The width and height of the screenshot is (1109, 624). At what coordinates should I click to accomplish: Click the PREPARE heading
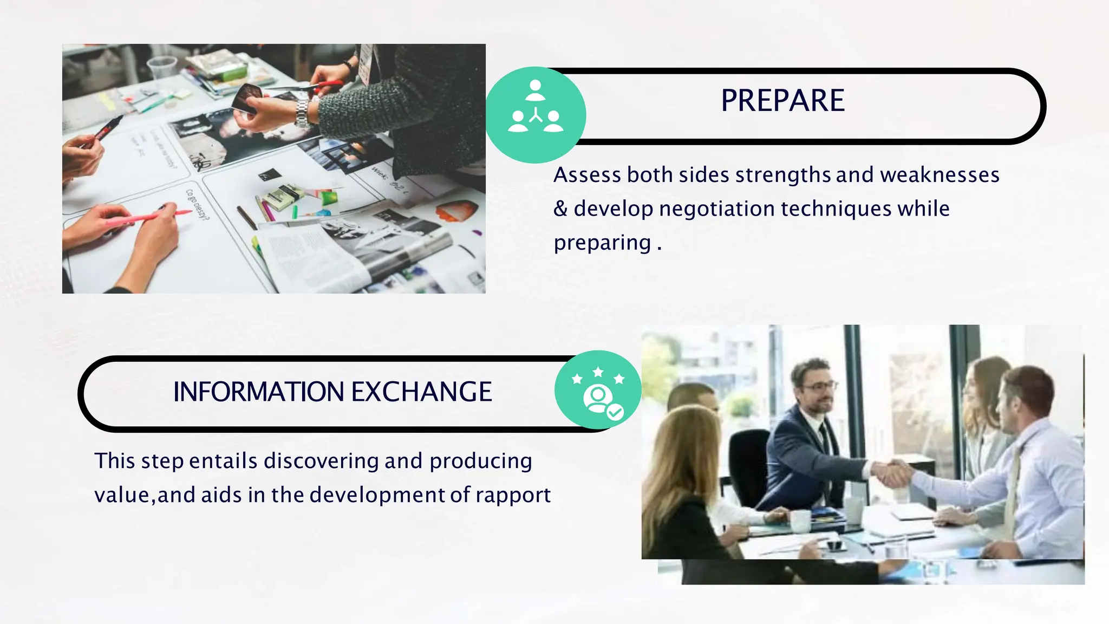click(782, 101)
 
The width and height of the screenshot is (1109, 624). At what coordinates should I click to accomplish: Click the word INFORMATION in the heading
click(258, 392)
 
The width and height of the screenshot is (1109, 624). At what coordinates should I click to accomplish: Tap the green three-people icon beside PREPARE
click(536, 114)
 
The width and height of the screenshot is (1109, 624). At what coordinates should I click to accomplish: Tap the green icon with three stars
click(598, 390)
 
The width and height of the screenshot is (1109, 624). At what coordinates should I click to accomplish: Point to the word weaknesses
click(940, 175)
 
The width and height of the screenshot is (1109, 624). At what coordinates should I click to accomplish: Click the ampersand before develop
click(560, 209)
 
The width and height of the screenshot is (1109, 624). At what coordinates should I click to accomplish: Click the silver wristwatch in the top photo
click(302, 113)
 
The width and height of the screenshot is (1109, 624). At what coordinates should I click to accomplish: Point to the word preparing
click(602, 243)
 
